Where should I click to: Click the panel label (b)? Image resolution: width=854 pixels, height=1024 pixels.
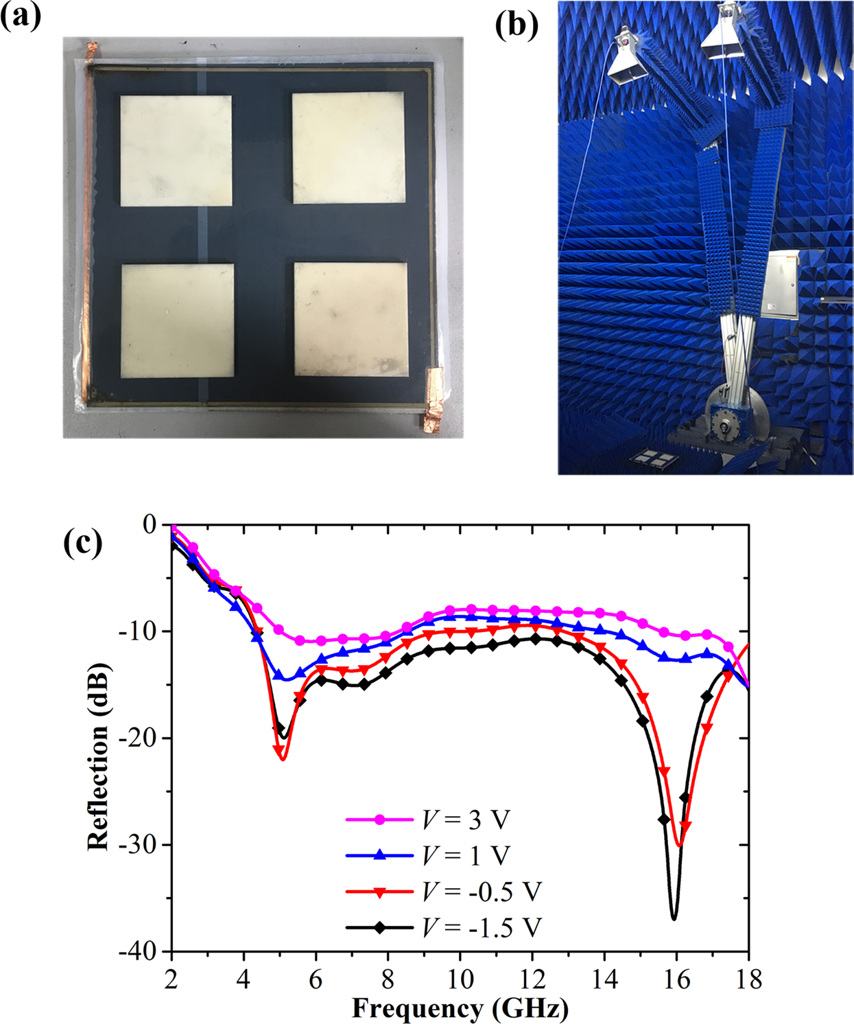click(516, 25)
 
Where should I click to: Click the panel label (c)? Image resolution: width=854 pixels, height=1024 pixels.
click(82, 544)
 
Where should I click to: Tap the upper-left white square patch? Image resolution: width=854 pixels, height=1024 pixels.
click(176, 151)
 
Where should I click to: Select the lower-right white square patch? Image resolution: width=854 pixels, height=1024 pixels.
click(351, 319)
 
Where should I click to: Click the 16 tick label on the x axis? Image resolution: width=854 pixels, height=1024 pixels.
click(676, 979)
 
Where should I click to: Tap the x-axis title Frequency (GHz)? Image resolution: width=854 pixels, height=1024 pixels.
click(460, 1008)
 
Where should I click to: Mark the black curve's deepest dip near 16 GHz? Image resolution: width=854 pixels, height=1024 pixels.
click(674, 918)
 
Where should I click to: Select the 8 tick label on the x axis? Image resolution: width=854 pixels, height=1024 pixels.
click(388, 979)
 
